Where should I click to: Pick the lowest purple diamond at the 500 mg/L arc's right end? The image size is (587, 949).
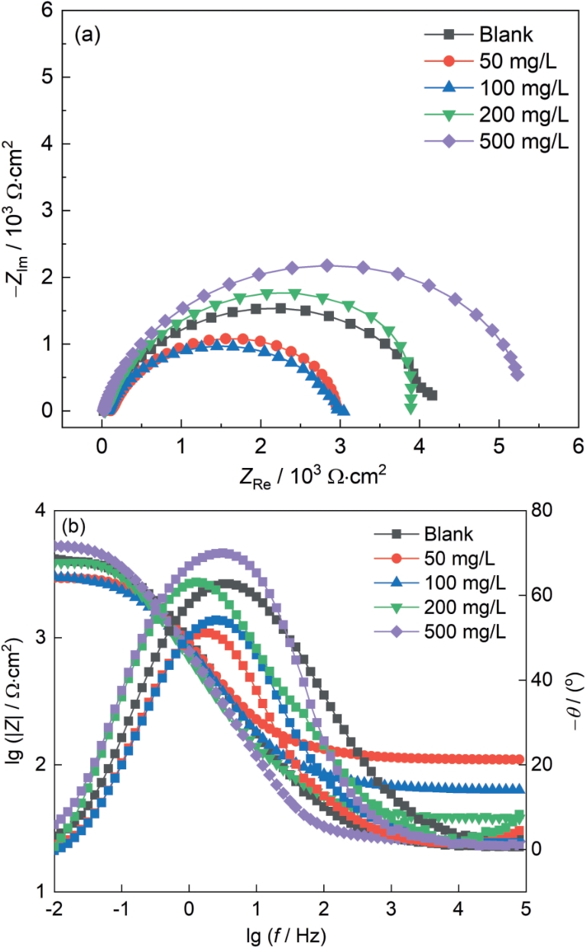pyautogui.click(x=517, y=375)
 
